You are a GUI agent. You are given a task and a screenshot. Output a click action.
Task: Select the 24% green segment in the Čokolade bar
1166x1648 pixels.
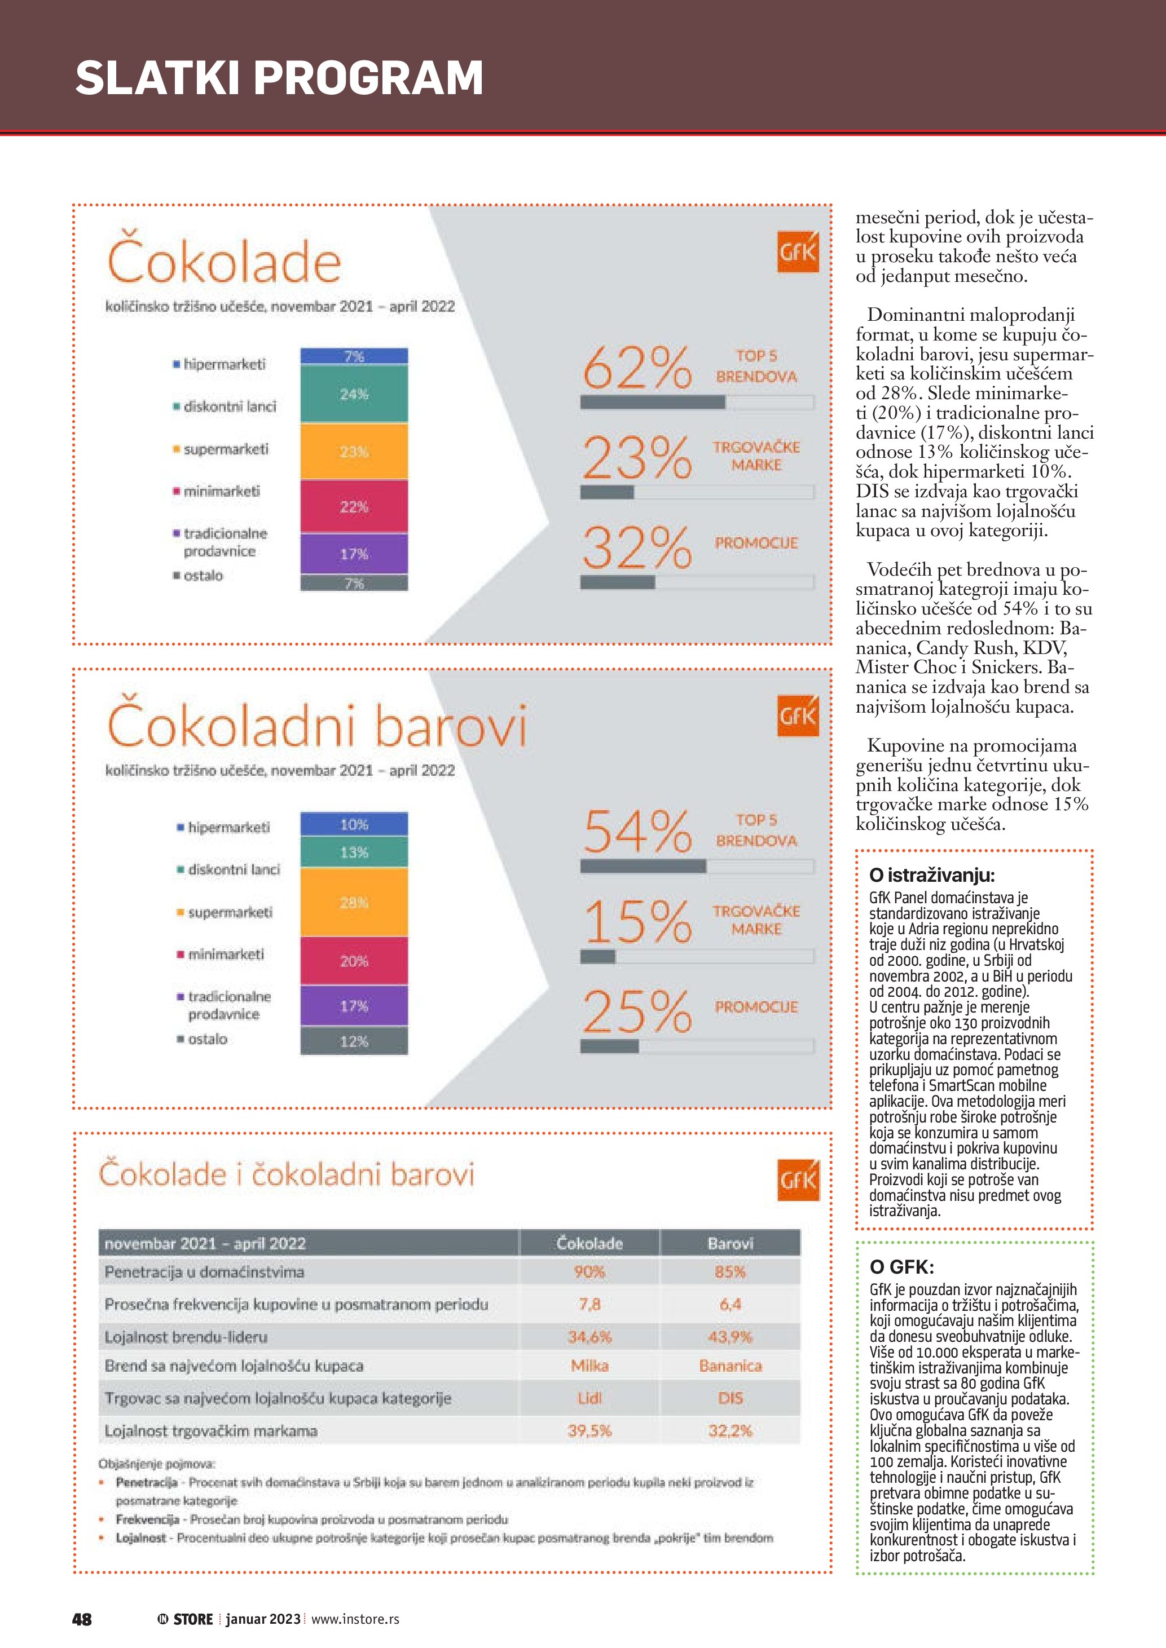[354, 394]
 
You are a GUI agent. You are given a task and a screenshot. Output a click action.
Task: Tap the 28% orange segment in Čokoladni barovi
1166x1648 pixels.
[354, 902]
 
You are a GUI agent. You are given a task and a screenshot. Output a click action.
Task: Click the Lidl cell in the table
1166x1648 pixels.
[589, 1398]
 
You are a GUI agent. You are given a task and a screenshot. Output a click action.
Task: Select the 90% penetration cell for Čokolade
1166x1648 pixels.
[589, 1271]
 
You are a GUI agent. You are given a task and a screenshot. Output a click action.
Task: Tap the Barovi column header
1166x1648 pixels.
[730, 1243]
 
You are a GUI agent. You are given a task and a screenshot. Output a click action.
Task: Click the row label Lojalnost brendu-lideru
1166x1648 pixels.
[186, 1336]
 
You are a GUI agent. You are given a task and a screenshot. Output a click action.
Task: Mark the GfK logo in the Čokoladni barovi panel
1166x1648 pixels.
[798, 715]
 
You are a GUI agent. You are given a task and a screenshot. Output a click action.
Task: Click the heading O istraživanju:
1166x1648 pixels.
[931, 875]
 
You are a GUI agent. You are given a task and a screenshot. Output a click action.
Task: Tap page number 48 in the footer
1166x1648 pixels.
[82, 1619]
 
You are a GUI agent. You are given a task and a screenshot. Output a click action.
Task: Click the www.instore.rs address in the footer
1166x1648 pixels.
[355, 1619]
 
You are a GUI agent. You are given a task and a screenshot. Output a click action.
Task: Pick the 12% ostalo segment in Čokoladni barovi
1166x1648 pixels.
[354, 1041]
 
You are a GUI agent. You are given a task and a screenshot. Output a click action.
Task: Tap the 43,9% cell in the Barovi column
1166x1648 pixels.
[730, 1336]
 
